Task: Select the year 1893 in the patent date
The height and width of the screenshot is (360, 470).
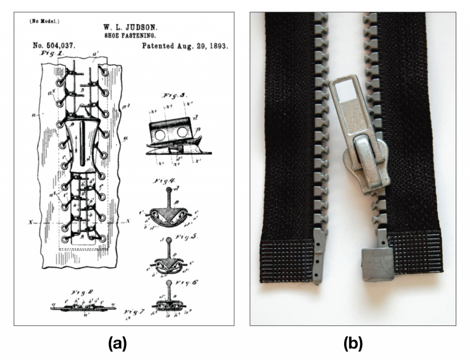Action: point(218,46)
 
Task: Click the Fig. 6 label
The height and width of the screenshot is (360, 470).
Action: point(187,282)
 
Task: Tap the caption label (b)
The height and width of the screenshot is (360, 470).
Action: point(353,343)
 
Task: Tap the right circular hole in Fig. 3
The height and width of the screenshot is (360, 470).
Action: point(182,133)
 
